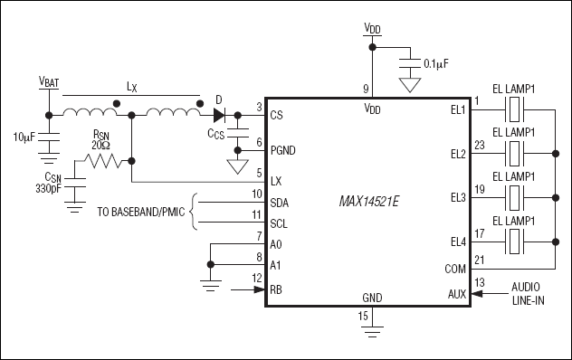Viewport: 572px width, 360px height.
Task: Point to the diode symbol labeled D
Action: pos(219,115)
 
